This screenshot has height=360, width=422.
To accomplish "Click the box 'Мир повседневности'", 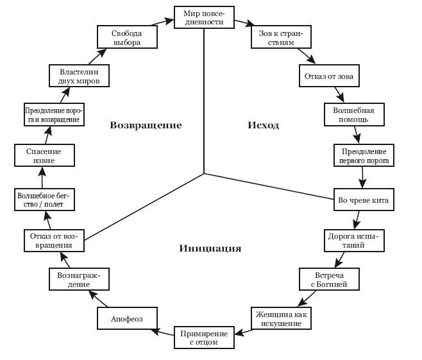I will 204,17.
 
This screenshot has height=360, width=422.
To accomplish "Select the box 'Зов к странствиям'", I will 280,37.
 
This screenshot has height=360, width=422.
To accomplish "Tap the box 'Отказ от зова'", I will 328,77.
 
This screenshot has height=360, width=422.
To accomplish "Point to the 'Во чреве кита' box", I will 363,200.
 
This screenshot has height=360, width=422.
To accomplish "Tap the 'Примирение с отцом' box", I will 204,338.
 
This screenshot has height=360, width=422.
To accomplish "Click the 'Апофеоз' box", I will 127,318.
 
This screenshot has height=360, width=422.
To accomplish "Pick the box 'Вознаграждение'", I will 78,279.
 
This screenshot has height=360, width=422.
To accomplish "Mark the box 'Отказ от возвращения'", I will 55,239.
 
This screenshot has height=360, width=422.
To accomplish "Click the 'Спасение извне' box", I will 44,156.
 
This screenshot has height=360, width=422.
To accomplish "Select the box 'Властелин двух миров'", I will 79,76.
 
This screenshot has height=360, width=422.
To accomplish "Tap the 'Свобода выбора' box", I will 126,37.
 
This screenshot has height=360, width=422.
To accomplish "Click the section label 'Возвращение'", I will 146,125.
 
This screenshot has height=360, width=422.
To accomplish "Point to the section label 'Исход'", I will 264,125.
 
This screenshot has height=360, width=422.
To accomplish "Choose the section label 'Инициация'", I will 210,248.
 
